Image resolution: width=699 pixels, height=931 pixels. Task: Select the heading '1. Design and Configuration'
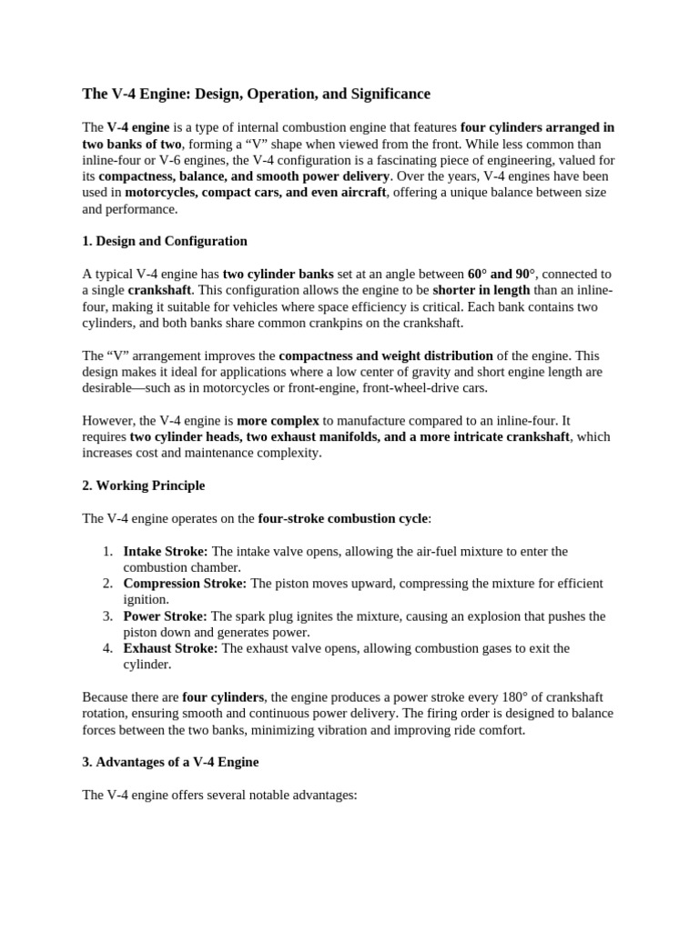point(165,241)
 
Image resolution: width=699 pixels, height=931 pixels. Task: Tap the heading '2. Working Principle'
point(143,486)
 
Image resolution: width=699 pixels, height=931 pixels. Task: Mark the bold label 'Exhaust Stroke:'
point(170,648)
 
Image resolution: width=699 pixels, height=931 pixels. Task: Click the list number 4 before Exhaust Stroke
point(106,648)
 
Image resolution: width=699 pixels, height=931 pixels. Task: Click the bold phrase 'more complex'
point(279,420)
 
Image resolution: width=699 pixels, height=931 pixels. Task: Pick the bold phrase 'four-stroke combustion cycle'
point(342,518)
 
